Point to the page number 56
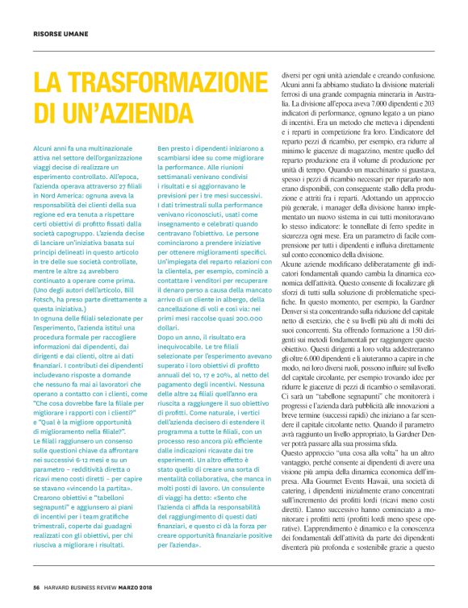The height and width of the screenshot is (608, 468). pos(36,585)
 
